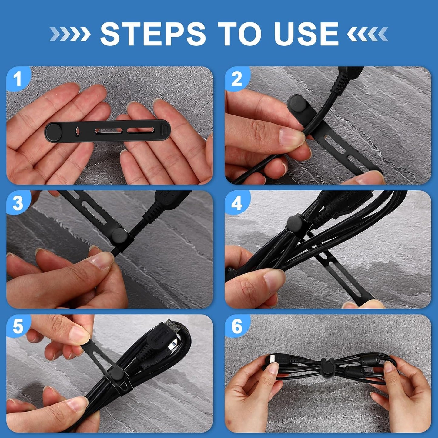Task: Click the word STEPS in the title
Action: tap(153, 34)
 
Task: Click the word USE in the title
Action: tap(306, 34)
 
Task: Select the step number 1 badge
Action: tap(18, 79)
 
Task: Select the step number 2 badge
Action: tap(237, 79)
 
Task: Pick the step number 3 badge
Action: tap(18, 203)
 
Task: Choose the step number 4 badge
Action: tap(237, 203)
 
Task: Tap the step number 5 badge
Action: tap(18, 327)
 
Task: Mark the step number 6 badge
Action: tap(237, 327)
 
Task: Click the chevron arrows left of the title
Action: tap(70, 34)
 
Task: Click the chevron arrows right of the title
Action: tap(367, 34)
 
